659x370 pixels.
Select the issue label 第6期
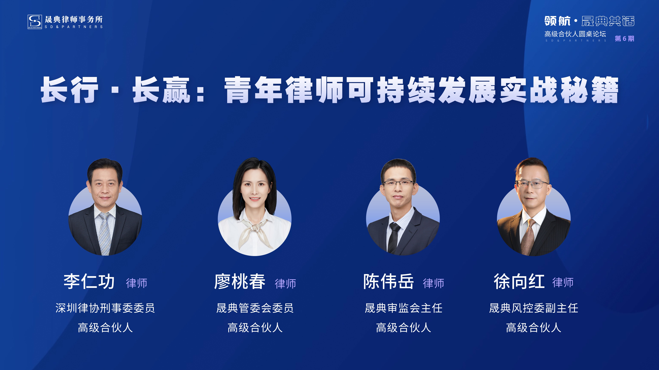[x=625, y=39]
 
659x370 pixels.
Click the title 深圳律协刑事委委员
[x=105, y=308]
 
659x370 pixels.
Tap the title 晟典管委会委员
[x=255, y=308]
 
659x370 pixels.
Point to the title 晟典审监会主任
[x=403, y=308]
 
